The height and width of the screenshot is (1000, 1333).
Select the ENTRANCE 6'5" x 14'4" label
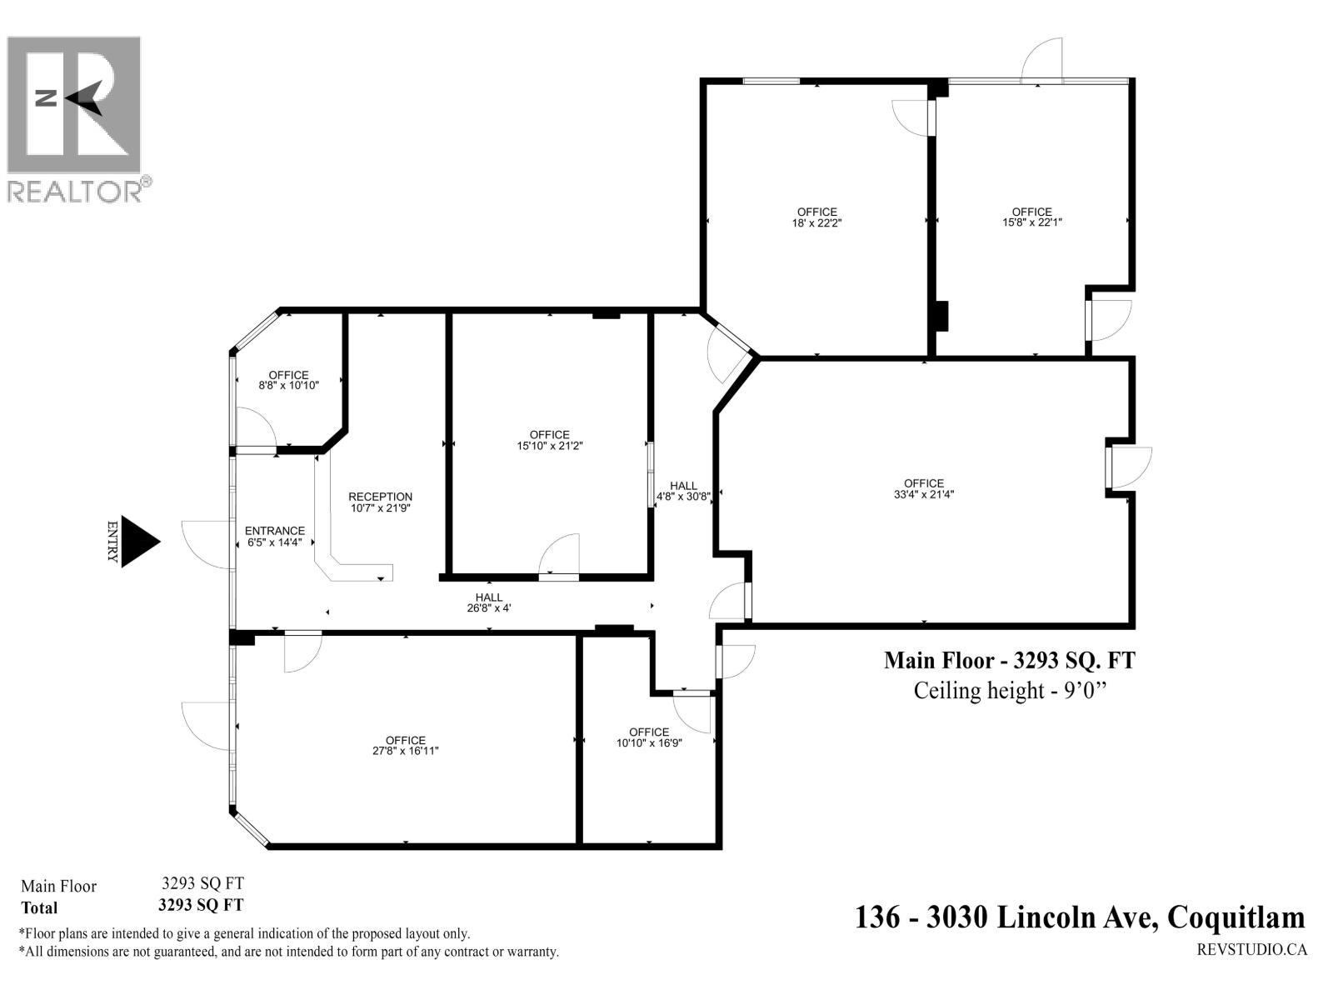[275, 536]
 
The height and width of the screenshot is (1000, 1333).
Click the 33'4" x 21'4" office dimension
[924, 493]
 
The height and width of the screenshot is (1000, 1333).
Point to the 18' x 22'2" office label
[816, 217]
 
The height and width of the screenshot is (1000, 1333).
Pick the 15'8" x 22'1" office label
[1031, 217]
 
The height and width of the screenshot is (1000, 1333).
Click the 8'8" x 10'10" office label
[288, 380]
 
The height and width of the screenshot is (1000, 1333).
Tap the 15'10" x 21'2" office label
[549, 440]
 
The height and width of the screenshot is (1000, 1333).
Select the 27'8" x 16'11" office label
[406, 745]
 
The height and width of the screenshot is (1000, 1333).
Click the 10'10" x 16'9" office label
[649, 737]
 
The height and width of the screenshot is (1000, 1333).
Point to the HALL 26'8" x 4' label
[489, 602]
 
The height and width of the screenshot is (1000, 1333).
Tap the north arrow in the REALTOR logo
[83, 98]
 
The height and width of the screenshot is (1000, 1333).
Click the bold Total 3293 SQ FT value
[201, 905]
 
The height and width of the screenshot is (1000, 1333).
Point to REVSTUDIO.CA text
[1251, 949]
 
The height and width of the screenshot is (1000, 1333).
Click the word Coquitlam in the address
[1236, 917]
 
